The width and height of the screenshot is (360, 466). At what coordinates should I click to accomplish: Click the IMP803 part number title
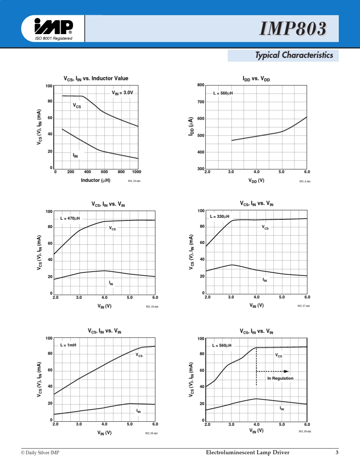coord(293,29)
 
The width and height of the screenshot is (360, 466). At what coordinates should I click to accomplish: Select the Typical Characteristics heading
coord(294,55)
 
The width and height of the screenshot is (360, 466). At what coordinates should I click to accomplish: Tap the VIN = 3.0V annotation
coord(122,92)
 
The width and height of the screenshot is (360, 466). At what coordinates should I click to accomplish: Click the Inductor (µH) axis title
coord(95,180)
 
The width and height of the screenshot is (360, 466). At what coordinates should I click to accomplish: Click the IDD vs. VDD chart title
coord(256,79)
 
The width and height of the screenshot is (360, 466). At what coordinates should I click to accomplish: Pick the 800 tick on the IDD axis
coord(201,85)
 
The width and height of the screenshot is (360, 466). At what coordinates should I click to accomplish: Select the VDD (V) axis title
coord(257,181)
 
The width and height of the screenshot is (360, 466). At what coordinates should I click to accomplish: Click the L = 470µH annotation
coord(70,219)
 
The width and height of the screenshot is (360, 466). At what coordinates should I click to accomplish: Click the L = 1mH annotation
coord(68,345)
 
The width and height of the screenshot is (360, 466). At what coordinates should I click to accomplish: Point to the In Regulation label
coord(280,378)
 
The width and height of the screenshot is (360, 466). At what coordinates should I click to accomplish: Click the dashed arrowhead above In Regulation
coord(286,371)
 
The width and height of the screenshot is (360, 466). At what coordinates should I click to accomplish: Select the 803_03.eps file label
coord(134,181)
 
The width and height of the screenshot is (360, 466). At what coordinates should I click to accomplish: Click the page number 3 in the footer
coord(337,453)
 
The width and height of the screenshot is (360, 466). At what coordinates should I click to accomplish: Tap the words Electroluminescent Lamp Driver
coord(247,453)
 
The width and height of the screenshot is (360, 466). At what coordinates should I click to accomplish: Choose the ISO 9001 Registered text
coord(53,38)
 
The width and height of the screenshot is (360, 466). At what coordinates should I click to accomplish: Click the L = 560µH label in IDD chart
coord(223,93)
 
